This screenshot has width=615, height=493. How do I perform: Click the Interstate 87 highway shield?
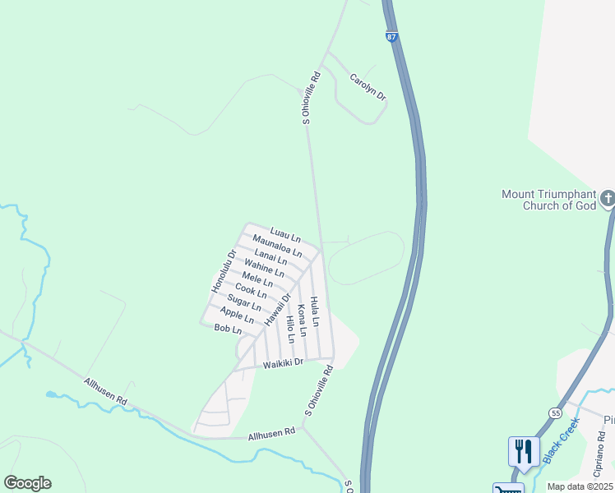391,37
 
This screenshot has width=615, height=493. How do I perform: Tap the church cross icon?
607,198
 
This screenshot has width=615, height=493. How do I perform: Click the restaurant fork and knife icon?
522,450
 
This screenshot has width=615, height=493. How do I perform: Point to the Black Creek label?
562,440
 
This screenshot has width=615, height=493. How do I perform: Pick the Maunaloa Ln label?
276,246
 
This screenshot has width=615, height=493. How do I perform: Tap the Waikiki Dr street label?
284,362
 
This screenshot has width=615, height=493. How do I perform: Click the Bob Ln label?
228,329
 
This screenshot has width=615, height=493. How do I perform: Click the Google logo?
28,483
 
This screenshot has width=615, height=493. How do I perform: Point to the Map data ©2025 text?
579,486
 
